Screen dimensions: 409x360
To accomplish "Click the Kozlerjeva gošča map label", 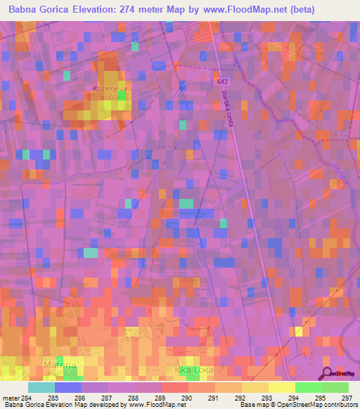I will coord(108,93).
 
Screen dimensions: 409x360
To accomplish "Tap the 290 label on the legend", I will coord(188,398).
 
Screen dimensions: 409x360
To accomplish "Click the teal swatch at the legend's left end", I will coord(41,387).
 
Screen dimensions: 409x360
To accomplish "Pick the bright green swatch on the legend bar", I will coord(308,387).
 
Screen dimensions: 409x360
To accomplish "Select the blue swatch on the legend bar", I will coord(68,387).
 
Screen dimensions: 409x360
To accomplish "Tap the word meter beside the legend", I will coord(11,398).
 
